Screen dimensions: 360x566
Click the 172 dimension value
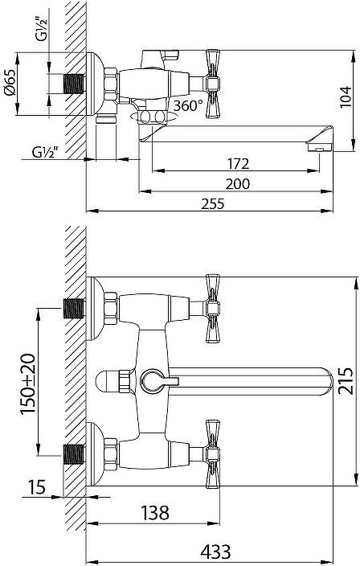(239, 163)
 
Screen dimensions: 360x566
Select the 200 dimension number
(238, 184)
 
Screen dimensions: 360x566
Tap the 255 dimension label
(213, 204)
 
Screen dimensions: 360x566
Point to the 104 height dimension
(346, 96)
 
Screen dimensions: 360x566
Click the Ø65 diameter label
(10, 82)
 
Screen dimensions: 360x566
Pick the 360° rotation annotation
(188, 105)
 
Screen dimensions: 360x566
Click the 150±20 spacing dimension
(28, 384)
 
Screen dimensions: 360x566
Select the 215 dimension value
(345, 381)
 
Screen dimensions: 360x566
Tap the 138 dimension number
(154, 512)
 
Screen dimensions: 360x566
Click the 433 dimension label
(215, 552)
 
